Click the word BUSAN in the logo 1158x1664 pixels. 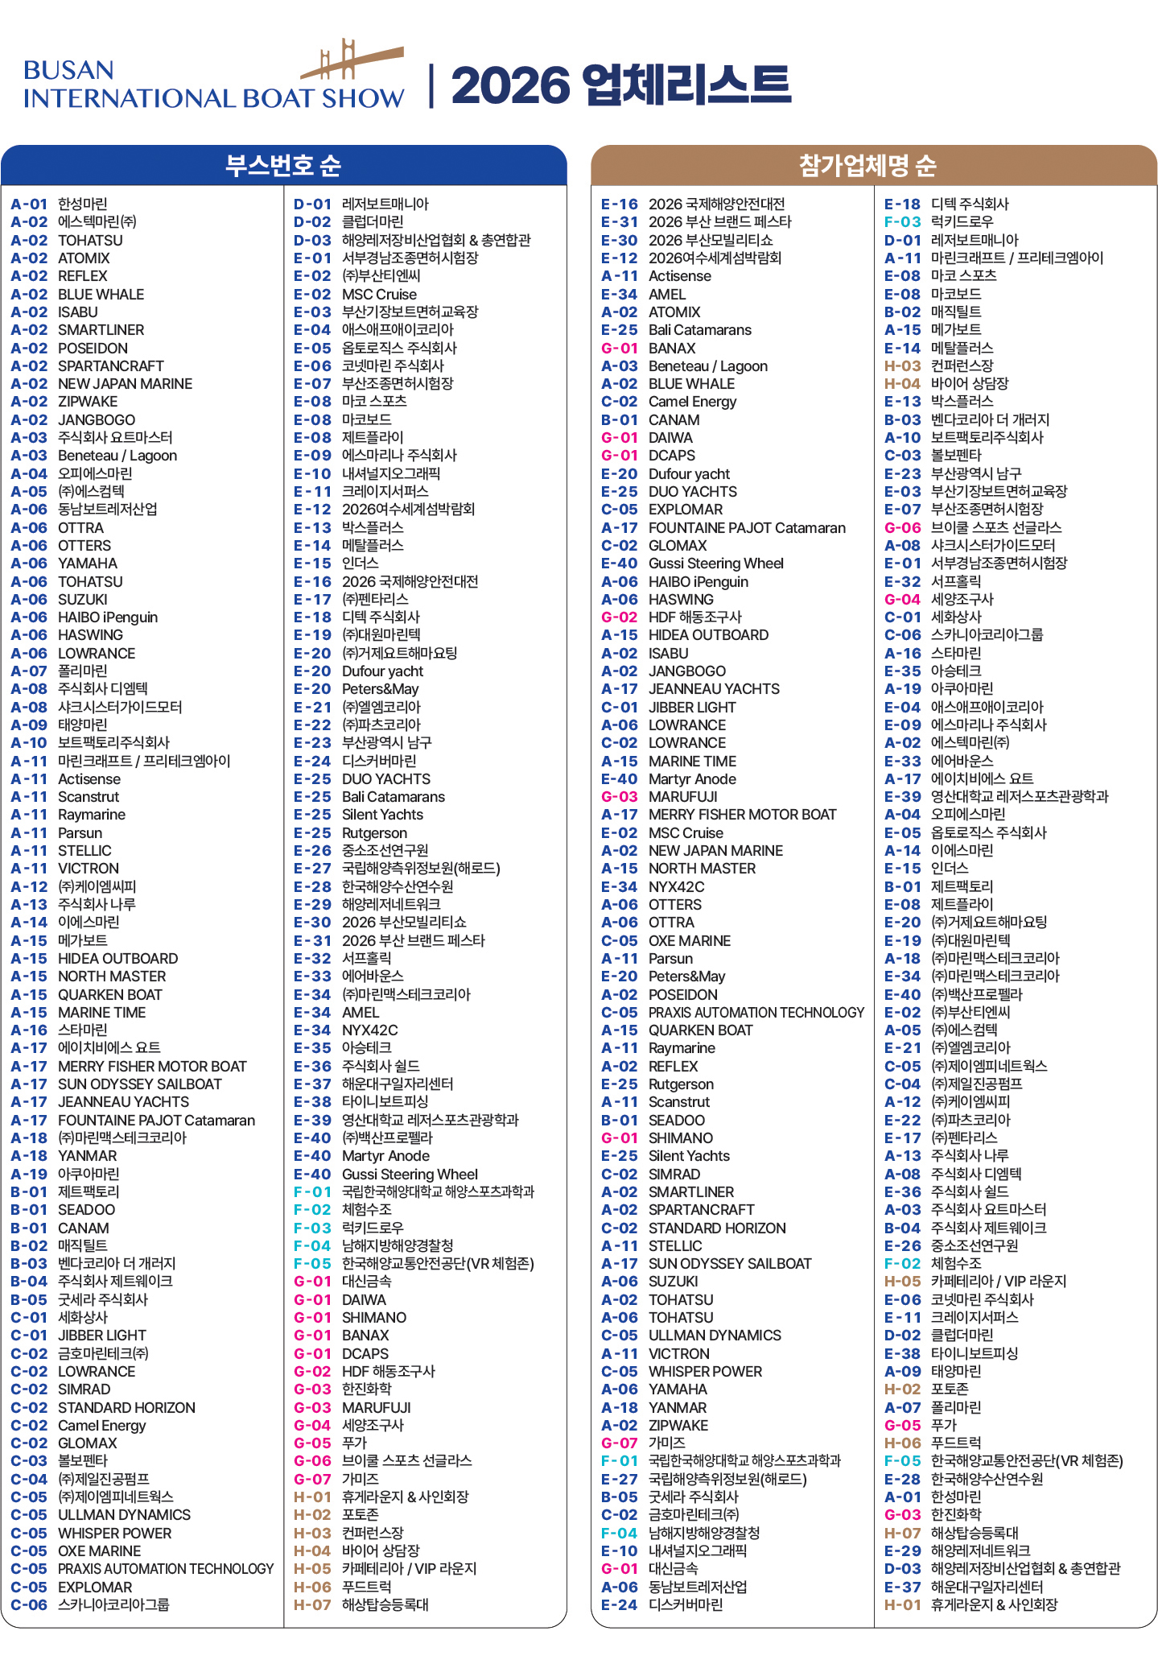(68, 70)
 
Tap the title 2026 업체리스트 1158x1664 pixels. (620, 85)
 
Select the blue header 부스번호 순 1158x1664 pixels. (283, 165)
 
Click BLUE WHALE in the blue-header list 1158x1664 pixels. (101, 294)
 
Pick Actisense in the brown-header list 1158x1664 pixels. (679, 276)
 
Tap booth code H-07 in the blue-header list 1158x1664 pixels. (312, 1604)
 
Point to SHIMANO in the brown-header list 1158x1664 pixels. (680, 1138)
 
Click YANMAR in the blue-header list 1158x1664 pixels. (87, 1155)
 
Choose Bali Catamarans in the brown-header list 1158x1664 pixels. (699, 330)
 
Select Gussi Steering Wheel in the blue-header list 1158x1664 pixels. (410, 1174)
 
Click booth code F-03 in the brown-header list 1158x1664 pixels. (902, 221)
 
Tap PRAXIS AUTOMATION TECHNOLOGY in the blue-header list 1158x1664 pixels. (165, 1568)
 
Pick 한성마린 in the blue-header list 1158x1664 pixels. (82, 204)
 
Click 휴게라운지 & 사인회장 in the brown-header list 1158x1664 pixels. (994, 1604)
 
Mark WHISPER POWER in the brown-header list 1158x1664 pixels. (705, 1371)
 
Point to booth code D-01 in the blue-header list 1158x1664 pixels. (312, 204)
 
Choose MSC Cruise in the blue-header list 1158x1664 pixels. (379, 294)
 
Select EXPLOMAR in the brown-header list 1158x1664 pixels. (686, 510)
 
